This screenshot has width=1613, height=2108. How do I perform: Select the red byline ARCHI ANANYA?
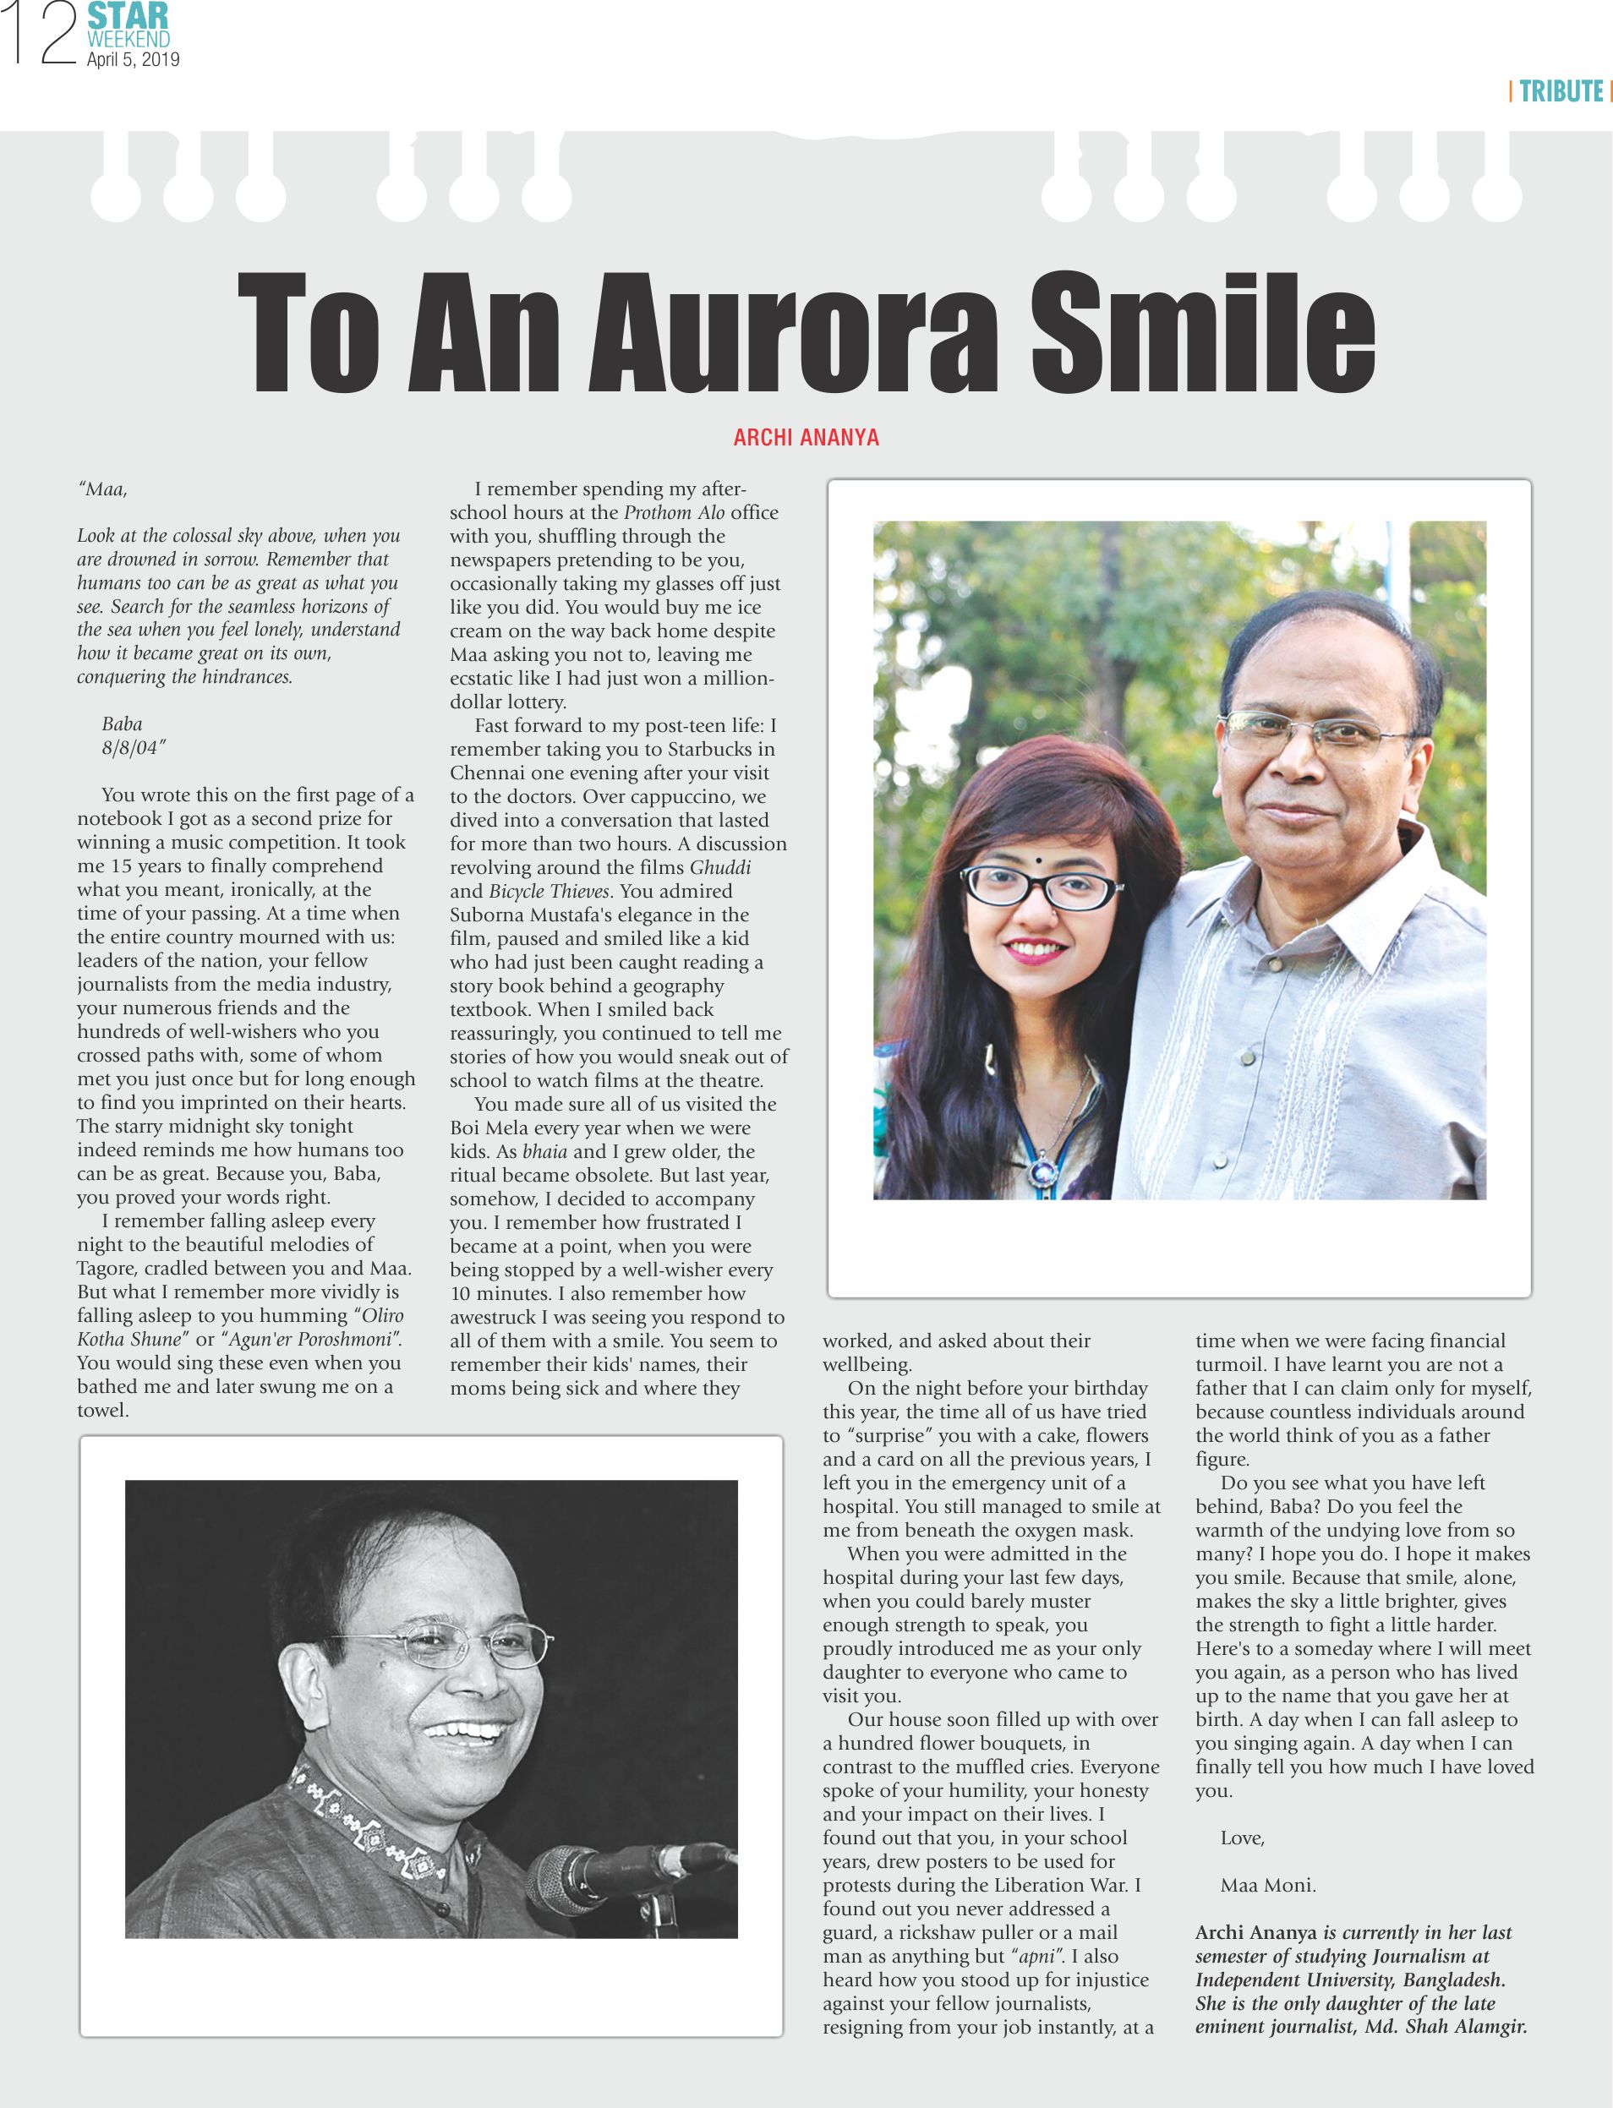point(806,438)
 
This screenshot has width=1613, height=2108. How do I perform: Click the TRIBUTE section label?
point(1561,91)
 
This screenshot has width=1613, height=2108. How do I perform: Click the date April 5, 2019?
point(133,59)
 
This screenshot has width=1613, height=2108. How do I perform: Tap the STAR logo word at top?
point(128,16)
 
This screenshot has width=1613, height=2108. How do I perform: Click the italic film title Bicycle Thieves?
point(550,891)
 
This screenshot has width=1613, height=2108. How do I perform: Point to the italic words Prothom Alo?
point(674,512)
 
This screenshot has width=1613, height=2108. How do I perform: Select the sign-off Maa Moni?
point(1267,1886)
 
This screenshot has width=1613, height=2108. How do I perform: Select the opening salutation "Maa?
point(103,489)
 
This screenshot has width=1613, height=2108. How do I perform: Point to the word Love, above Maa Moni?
point(1243,1838)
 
